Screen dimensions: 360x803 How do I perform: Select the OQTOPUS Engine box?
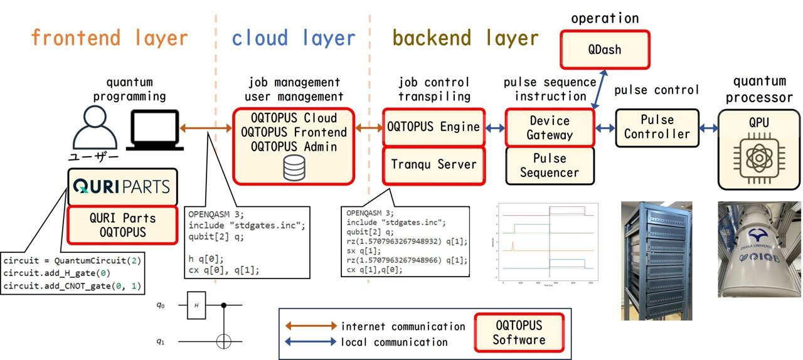(433, 127)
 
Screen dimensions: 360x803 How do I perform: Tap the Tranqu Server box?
(433, 164)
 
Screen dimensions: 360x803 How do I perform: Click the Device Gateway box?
(549, 127)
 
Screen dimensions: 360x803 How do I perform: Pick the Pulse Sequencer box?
(549, 165)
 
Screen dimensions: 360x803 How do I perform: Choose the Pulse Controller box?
(657, 127)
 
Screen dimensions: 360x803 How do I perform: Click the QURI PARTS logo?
(122, 187)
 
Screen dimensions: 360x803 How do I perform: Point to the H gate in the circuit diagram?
(196, 305)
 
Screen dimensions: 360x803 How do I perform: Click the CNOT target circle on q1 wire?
(224, 342)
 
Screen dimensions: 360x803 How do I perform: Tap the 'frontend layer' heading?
(109, 38)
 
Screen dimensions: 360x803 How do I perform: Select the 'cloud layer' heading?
(293, 38)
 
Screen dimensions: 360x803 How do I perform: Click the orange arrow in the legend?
(311, 326)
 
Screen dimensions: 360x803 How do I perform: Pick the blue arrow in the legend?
(311, 342)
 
